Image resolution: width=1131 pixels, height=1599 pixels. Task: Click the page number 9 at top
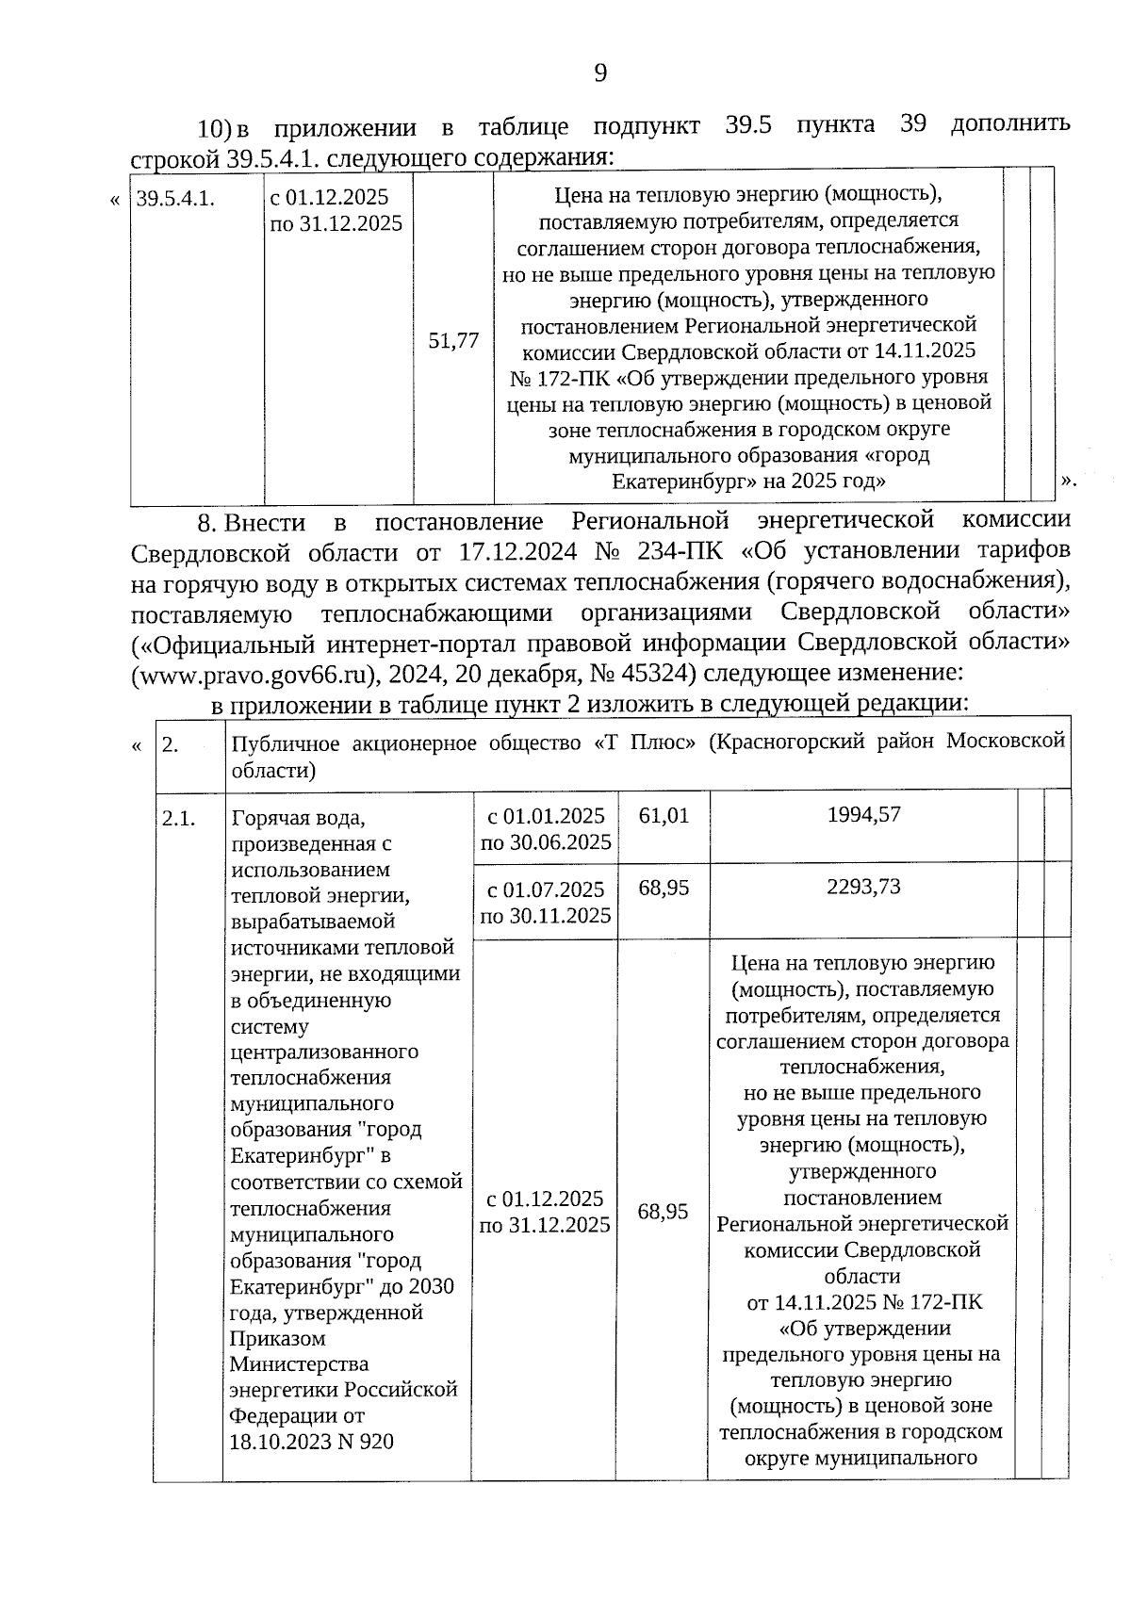point(600,73)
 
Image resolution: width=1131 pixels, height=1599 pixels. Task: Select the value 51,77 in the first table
point(453,341)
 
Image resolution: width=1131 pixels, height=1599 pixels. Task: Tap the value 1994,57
point(863,814)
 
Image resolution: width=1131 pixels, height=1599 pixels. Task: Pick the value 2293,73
point(863,888)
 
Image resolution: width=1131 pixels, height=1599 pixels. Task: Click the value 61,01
point(664,815)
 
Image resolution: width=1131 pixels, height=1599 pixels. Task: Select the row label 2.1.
point(179,819)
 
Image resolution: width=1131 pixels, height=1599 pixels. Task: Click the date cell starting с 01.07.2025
point(545,902)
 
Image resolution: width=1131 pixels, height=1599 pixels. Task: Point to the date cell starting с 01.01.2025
point(545,828)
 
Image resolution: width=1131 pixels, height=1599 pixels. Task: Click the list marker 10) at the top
point(214,127)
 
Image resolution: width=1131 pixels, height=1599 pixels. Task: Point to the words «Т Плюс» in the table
point(647,742)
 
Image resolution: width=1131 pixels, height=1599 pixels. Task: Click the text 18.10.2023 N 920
point(312,1442)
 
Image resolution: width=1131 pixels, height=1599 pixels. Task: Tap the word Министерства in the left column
point(287,1363)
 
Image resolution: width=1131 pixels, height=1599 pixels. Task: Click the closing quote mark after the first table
point(1068,481)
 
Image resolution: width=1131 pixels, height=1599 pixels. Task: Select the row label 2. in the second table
point(171,745)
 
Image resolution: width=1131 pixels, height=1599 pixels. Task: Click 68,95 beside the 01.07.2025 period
point(664,889)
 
